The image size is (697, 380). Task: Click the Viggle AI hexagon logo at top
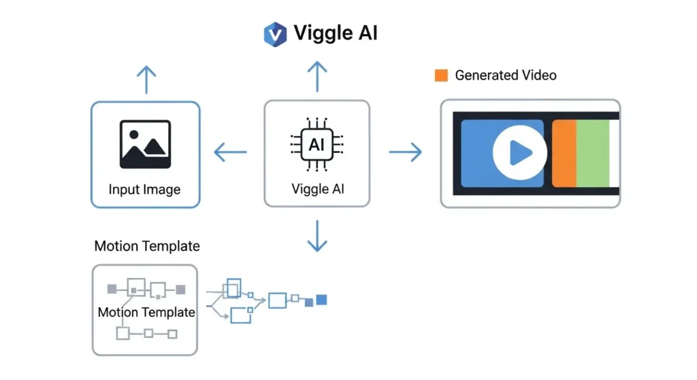point(275,34)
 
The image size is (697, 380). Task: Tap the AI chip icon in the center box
point(317,145)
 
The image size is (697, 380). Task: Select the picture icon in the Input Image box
point(145,144)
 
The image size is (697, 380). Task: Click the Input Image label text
point(144,189)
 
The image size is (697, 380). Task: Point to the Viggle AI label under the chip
point(317,188)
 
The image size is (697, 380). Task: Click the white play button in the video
point(520,153)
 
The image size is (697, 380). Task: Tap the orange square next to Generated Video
point(441,75)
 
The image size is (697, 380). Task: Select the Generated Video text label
point(505,75)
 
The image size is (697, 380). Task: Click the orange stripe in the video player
point(564,153)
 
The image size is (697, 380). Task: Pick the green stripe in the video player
point(592,153)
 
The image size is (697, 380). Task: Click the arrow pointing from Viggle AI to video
point(405,152)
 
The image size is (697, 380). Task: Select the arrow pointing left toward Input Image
point(230,152)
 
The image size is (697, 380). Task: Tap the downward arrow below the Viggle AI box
point(317,236)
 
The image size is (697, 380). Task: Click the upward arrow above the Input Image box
point(145,80)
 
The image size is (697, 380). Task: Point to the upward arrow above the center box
point(317,76)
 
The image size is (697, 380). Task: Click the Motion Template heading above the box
point(147,246)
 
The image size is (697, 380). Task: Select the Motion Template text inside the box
point(146,313)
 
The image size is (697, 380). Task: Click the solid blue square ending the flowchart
point(322,299)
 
